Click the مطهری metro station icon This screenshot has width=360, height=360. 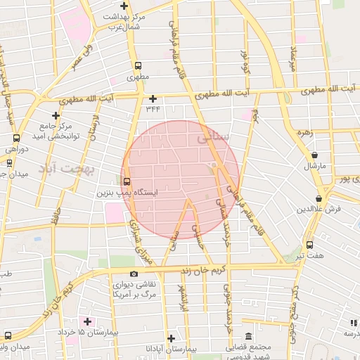136,66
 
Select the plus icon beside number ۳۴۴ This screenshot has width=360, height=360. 153,98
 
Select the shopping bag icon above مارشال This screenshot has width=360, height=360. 314,155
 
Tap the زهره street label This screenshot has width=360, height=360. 304,131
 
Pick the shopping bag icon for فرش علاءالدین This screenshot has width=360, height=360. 320,199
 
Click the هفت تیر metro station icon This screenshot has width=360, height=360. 310,245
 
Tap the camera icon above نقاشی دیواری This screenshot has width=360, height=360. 134,274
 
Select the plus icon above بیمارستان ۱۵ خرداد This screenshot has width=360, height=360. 87,321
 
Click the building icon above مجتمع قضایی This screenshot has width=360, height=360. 247,337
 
